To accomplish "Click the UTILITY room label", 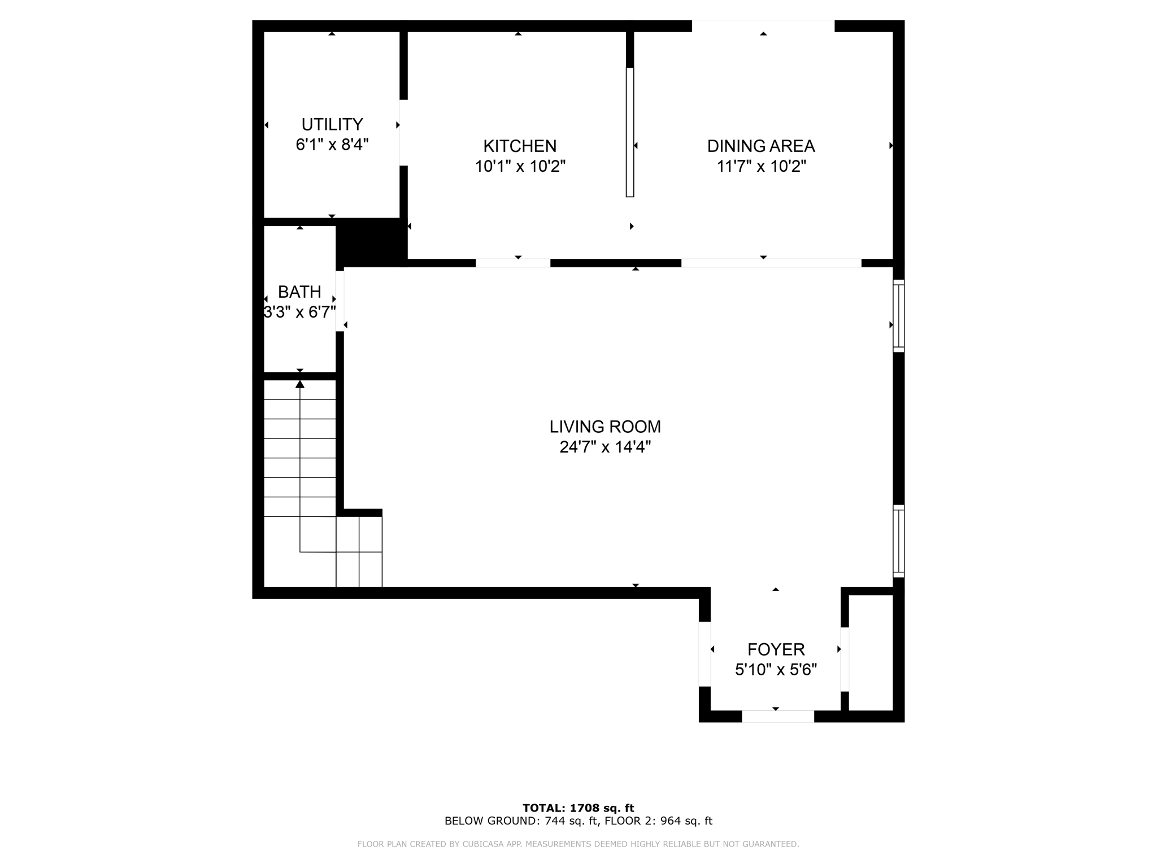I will point(332,124).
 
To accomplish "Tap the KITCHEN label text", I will point(520,146).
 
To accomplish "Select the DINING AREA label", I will point(760,146).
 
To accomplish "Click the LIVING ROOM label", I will point(604,427).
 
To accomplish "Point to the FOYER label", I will point(776,649).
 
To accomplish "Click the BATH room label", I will point(299,292).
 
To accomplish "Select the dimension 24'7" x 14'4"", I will point(604,447).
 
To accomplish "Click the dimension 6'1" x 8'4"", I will point(332,145).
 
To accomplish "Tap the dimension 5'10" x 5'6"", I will point(776,670).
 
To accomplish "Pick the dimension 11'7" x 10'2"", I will point(760,166).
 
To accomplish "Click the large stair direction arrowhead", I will point(300,384).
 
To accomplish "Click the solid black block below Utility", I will point(371,243).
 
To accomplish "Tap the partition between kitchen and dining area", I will point(630,132).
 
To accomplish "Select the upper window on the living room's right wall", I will point(898,316).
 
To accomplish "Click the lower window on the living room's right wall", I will point(898,541).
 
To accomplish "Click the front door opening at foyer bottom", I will point(777,716).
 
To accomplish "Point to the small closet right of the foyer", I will point(871,652).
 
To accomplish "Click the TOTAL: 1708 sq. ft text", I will point(578,808).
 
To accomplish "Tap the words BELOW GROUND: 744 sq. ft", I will point(521,821).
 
